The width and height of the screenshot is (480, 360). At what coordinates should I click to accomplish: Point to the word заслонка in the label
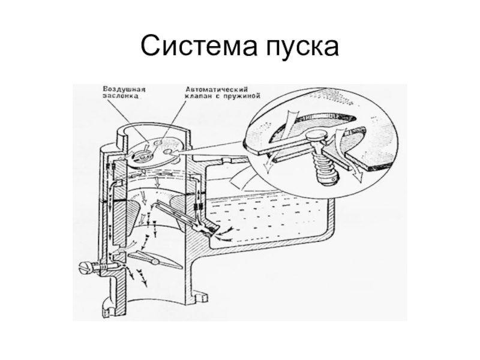coord(120,95)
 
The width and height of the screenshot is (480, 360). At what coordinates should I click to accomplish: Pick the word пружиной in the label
coord(241,95)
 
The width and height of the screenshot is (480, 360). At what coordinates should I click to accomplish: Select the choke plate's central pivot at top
coord(142,155)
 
